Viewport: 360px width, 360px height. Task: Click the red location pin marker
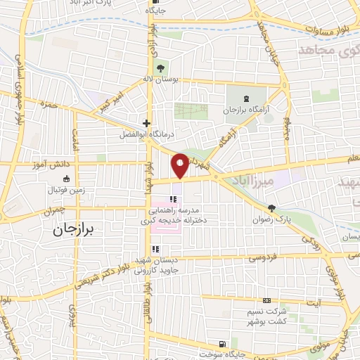click(x=180, y=165)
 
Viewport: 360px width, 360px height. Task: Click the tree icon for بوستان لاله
click(x=161, y=68)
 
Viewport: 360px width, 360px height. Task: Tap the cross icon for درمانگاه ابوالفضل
click(x=146, y=122)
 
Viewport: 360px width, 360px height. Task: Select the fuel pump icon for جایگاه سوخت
click(x=223, y=345)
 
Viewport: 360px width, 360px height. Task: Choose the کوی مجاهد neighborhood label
click(x=323, y=51)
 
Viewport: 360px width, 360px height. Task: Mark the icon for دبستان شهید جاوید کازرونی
click(x=155, y=249)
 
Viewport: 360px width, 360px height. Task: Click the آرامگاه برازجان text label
click(x=247, y=110)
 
